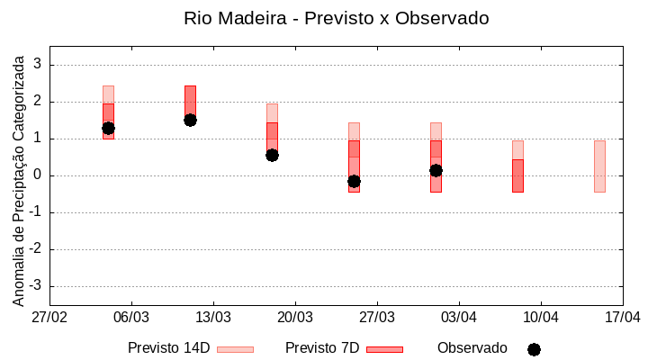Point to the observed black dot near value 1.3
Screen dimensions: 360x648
(x=108, y=128)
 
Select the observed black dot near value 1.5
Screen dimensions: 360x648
(x=190, y=120)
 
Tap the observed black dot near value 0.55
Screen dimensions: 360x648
(x=272, y=155)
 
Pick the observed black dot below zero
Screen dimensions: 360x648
(x=354, y=181)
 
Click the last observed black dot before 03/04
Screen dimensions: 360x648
(x=436, y=170)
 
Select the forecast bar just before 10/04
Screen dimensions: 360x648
(x=517, y=175)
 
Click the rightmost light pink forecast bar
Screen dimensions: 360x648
(x=599, y=166)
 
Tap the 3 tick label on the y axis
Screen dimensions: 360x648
(x=38, y=65)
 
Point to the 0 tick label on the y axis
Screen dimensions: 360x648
(x=38, y=175)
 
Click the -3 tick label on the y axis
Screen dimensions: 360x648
(x=35, y=286)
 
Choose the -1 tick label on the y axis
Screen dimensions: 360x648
(x=35, y=212)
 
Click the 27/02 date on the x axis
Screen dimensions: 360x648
(x=49, y=318)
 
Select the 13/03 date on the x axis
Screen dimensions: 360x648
(x=213, y=318)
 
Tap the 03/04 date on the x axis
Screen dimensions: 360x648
(x=459, y=318)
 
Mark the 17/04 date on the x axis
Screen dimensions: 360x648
(x=622, y=318)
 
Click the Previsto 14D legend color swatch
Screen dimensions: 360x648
(x=235, y=349)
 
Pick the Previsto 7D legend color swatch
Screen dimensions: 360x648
(x=384, y=349)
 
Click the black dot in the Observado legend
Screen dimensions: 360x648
(x=534, y=349)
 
